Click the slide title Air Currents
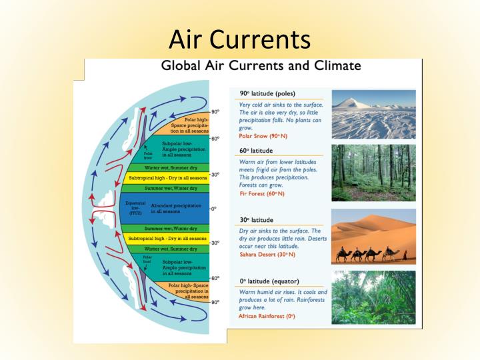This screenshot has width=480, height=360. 239,39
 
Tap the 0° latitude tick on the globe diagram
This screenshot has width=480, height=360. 213,209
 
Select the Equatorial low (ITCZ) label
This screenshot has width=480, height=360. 135,208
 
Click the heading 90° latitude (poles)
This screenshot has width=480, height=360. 267,93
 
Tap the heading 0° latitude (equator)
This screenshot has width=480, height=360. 269,281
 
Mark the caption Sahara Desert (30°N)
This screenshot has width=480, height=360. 267,255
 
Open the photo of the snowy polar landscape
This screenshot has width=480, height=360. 373,114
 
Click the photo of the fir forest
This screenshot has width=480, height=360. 373,173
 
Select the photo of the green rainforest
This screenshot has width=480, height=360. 373,297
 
